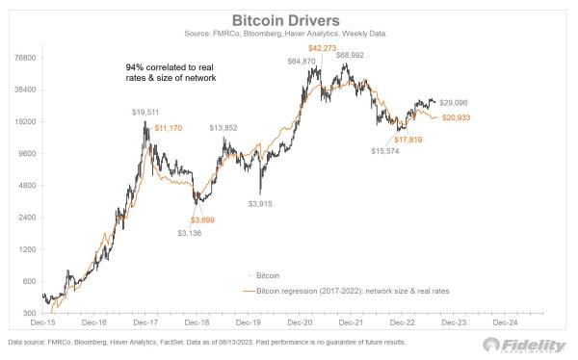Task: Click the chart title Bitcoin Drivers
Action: pyautogui.click(x=288, y=20)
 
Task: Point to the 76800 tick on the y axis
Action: pyautogui.click(x=24, y=58)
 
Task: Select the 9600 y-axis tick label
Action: pyautogui.click(x=26, y=153)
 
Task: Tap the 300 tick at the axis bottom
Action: pyautogui.click(x=29, y=313)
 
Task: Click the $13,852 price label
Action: pyautogui.click(x=223, y=127)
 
